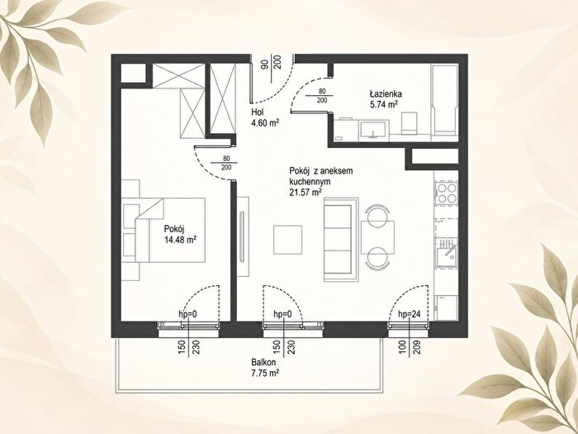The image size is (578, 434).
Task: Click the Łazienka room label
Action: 386,93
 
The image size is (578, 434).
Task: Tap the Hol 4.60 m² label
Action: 264,117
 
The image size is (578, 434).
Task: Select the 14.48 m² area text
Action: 180,241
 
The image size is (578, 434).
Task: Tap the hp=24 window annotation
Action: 410,314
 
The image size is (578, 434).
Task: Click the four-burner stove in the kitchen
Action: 447,193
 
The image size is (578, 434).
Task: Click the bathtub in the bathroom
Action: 445,100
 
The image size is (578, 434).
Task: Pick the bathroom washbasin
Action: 373,131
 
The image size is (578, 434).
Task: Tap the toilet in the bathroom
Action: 410,123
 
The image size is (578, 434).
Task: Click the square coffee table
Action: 288,240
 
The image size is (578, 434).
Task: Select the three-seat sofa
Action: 341,240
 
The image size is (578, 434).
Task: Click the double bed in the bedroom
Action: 170,231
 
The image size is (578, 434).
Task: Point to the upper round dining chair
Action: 377,215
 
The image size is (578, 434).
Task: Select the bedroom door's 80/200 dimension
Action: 226,163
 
